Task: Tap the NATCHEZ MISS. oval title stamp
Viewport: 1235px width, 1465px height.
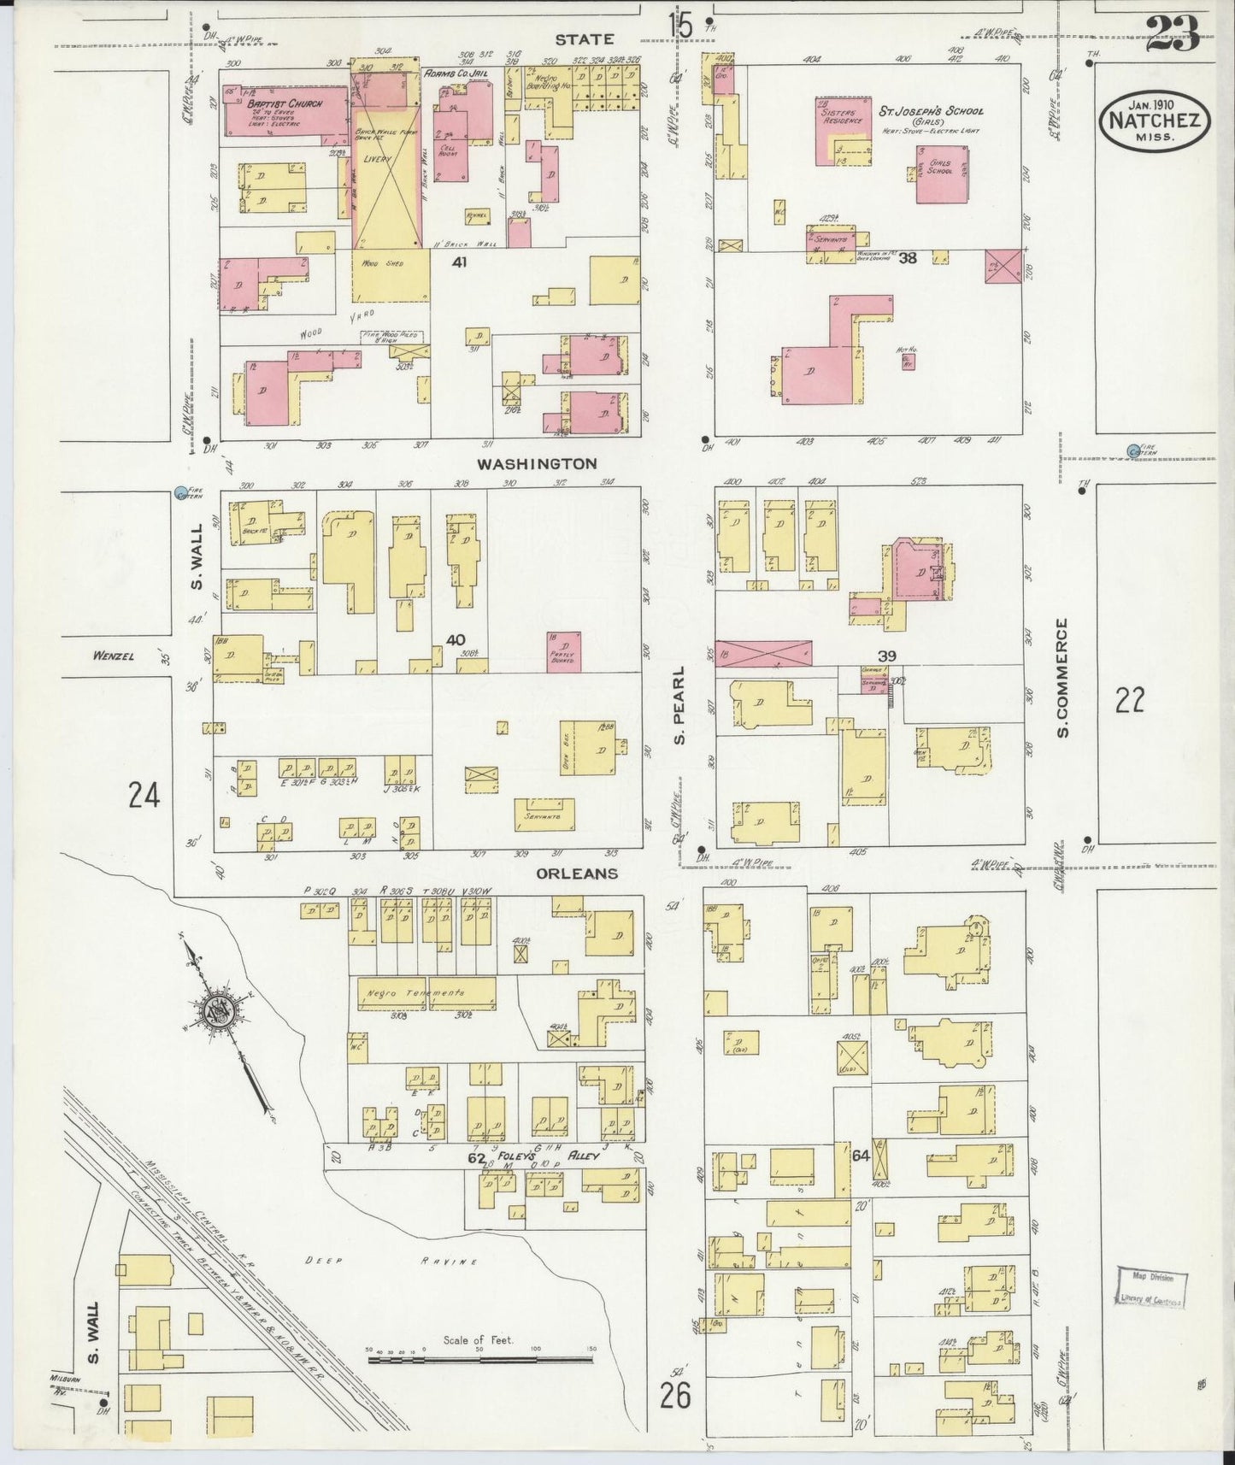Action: coord(1153,121)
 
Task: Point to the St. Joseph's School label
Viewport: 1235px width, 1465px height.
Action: coord(932,111)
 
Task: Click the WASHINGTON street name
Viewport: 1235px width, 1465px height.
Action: coord(537,464)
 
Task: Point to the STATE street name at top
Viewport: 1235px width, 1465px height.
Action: coord(584,38)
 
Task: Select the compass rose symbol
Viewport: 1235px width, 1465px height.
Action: coord(213,1013)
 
